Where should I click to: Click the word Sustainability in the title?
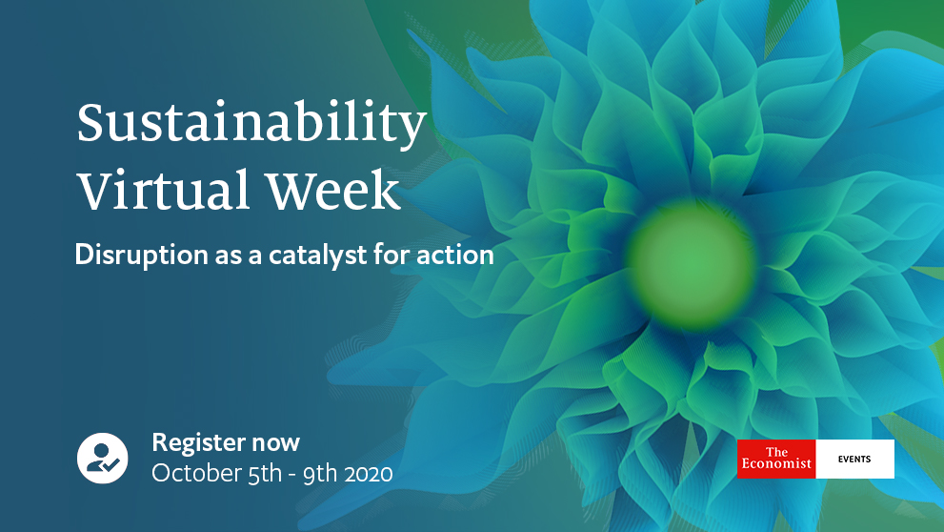[x=251, y=125]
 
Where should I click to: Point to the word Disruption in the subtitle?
[x=142, y=256]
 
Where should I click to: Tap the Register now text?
[x=226, y=442]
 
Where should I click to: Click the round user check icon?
[x=102, y=458]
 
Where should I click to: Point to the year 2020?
[x=369, y=474]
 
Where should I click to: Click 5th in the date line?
[x=265, y=474]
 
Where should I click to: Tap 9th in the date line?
[x=320, y=474]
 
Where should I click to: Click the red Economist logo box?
[x=776, y=460]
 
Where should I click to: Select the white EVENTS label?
[x=854, y=460]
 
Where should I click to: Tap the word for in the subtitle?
[x=392, y=255]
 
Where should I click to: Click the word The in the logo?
[x=776, y=452]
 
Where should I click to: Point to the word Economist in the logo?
[x=776, y=463]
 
